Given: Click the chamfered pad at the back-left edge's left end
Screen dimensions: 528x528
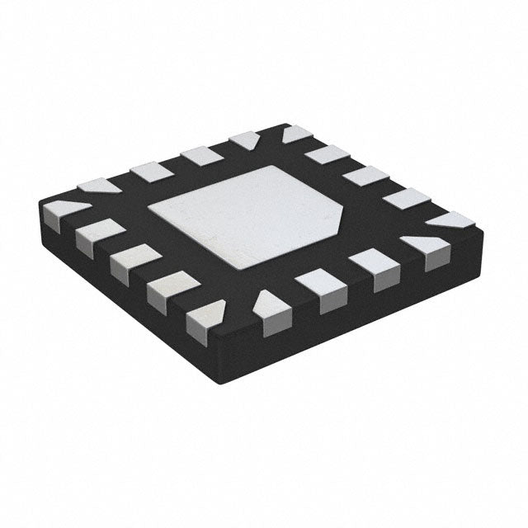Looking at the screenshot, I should pyautogui.click(x=99, y=186).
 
